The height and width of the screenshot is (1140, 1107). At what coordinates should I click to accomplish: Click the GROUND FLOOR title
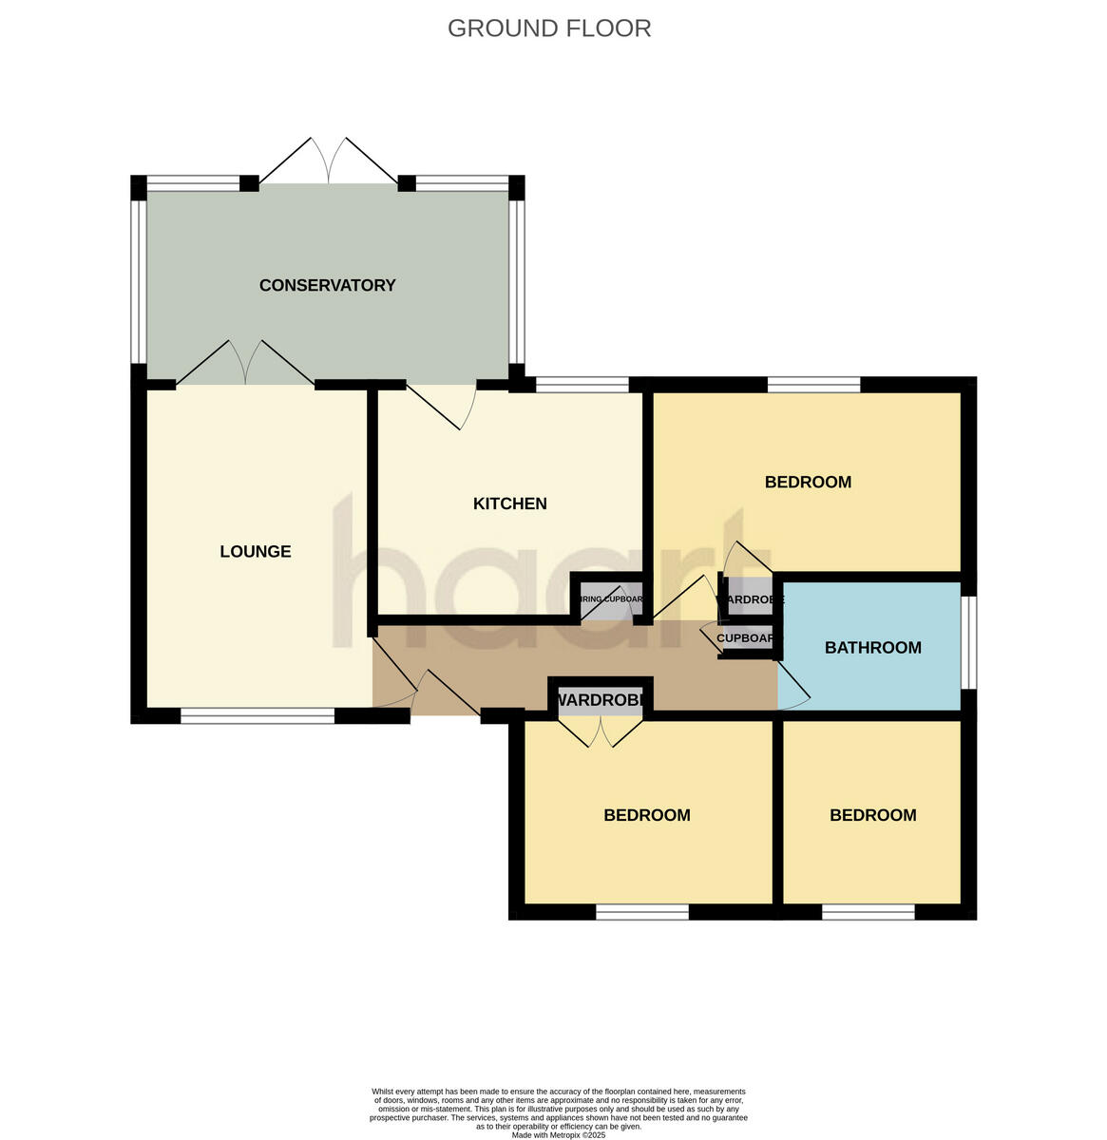(x=549, y=28)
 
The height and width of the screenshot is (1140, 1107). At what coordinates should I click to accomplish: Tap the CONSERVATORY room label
(x=327, y=285)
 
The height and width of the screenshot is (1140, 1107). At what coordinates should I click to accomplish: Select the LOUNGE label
(x=255, y=552)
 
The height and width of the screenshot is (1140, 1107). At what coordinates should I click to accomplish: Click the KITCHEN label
(x=509, y=503)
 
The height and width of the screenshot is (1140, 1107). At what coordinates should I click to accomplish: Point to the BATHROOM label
(x=872, y=648)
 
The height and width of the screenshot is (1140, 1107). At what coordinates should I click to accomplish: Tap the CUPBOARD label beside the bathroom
(x=748, y=638)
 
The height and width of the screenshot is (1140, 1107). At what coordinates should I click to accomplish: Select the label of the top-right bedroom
(x=808, y=482)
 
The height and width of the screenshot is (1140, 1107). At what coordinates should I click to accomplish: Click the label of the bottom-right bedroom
(x=872, y=815)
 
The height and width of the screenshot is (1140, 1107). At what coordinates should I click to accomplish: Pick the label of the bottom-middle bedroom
(x=647, y=815)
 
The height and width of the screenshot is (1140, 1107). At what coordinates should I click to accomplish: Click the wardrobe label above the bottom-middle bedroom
(x=601, y=701)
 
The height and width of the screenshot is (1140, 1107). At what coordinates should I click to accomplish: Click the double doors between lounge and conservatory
(x=245, y=363)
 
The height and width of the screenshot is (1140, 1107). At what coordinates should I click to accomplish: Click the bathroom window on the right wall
(x=968, y=641)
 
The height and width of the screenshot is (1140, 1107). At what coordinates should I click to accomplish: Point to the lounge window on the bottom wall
(x=258, y=717)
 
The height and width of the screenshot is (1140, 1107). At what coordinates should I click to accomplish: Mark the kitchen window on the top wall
(x=582, y=385)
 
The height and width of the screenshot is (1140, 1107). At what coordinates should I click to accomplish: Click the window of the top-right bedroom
(x=813, y=385)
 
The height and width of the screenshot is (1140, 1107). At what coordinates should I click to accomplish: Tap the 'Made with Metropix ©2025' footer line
(x=558, y=1134)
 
